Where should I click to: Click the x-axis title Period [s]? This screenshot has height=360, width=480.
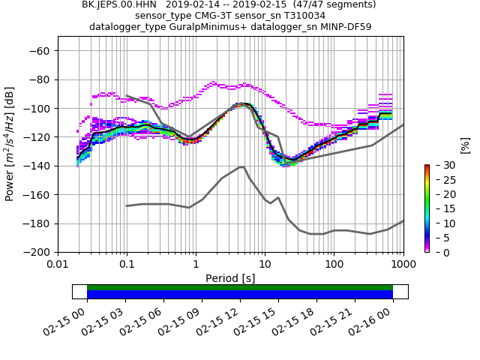click(x=230, y=278)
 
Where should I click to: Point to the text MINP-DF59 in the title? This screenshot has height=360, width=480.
click(x=344, y=26)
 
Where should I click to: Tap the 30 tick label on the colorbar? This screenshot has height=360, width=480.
click(x=440, y=165)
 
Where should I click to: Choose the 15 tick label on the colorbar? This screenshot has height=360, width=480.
click(x=440, y=208)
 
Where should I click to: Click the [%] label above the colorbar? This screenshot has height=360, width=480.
click(x=465, y=145)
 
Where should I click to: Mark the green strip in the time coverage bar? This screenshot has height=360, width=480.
click(x=240, y=287)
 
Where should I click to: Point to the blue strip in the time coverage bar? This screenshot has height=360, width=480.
click(x=240, y=295)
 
